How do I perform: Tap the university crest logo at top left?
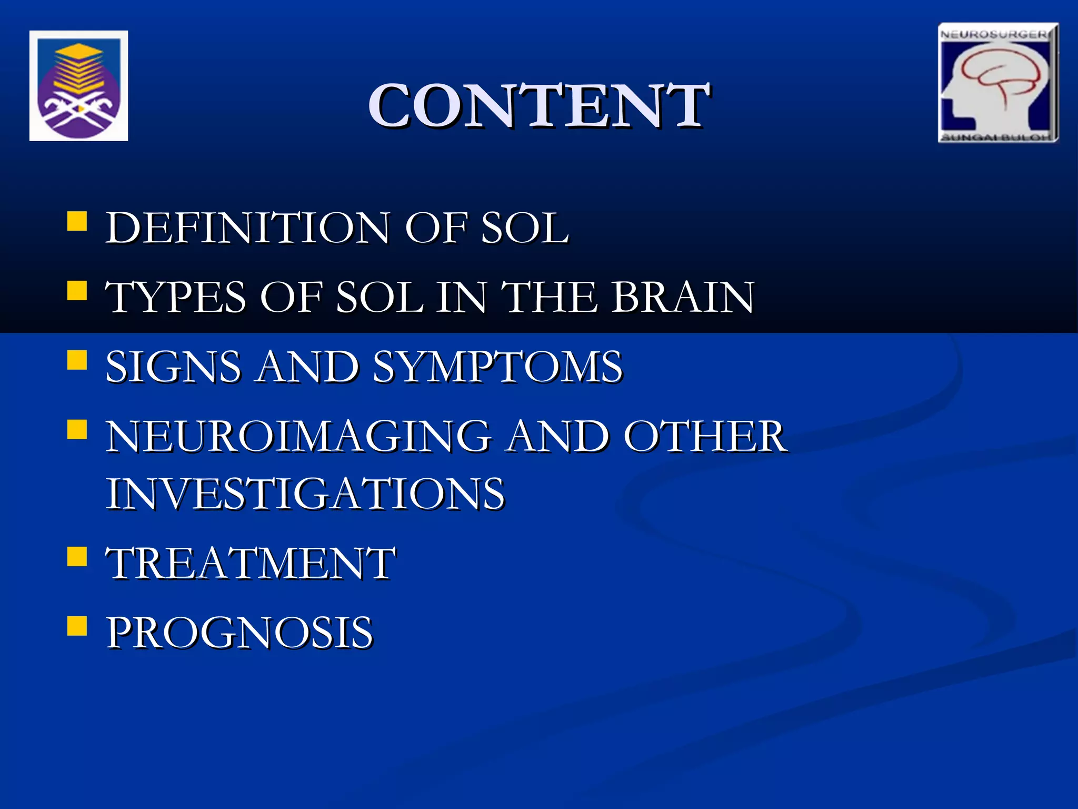pyautogui.click(x=78, y=86)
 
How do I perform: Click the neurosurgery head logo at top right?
pyautogui.click(x=998, y=83)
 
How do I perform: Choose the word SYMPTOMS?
pyautogui.click(x=498, y=367)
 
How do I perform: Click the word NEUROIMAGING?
pyautogui.click(x=298, y=437)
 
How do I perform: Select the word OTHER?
pyautogui.click(x=706, y=437)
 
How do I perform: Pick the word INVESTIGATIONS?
pyautogui.click(x=305, y=494)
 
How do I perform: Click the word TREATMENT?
pyautogui.click(x=251, y=564)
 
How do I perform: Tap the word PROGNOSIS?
pyautogui.click(x=239, y=633)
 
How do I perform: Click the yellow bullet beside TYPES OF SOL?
pyautogui.click(x=77, y=290)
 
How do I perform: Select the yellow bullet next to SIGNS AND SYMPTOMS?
pyautogui.click(x=77, y=360)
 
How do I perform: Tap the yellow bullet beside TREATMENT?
pyautogui.click(x=77, y=556)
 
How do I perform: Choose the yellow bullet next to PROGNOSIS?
pyautogui.click(x=77, y=626)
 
